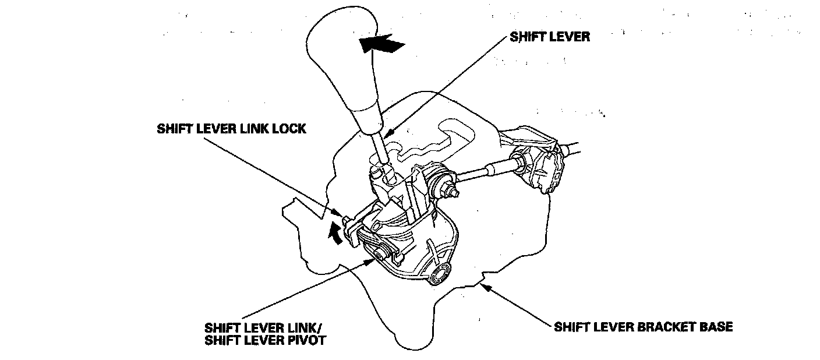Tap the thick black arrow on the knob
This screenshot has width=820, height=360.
381,44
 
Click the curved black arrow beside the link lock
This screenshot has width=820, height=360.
335,234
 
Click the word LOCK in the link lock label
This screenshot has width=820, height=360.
288,129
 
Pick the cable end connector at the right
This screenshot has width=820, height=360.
542,169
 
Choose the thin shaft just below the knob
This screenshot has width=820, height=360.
379,149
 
